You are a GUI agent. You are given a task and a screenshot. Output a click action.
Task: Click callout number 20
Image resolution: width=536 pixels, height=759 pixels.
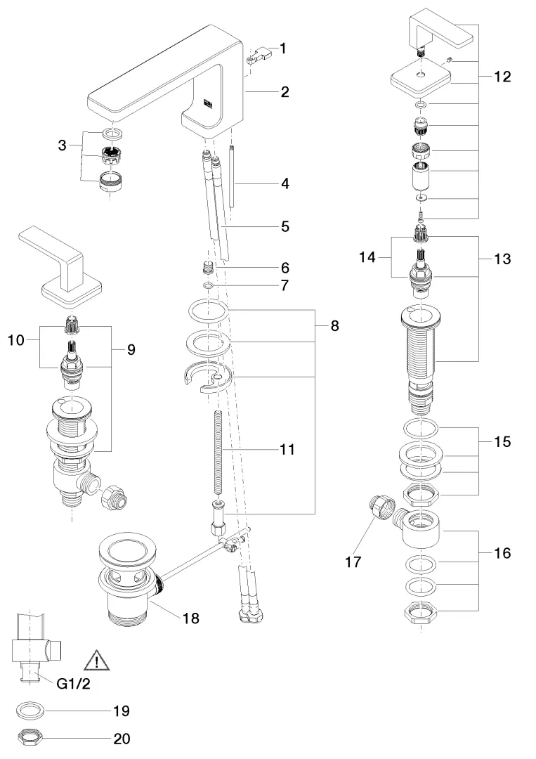pos(122,739)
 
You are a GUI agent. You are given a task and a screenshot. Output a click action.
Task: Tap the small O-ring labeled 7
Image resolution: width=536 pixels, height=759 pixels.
pos(208,286)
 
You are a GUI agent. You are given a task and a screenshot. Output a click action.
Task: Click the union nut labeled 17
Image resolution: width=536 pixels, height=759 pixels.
pos(380,506)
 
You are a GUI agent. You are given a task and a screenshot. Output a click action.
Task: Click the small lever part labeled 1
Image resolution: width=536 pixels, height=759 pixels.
pos(259,54)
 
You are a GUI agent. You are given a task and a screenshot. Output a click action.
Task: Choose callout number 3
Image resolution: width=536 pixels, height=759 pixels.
pos(63,145)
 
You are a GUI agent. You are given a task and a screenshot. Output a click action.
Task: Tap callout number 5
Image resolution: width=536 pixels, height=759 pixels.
pos(285,226)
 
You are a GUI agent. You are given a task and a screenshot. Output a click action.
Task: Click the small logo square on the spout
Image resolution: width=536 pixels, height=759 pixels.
pos(208,103)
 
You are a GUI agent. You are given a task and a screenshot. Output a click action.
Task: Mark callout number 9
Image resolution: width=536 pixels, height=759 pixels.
pos(130,349)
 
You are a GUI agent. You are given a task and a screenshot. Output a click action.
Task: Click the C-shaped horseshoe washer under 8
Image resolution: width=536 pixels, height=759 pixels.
pos(209,379)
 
